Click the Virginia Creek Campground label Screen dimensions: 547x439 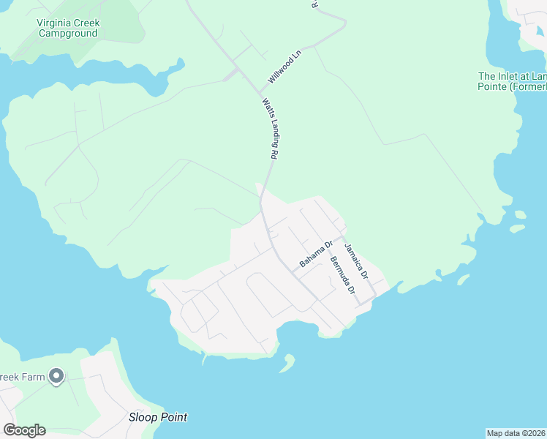[68, 28]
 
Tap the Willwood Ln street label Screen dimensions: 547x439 [284, 67]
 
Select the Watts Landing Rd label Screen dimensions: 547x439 [271, 130]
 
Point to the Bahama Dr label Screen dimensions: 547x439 [317, 253]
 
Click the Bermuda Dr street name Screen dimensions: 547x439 [342, 275]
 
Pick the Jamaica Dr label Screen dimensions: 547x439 [355, 260]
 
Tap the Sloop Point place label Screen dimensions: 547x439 [158, 417]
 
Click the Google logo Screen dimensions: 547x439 [24, 430]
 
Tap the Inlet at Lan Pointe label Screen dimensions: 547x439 [512, 81]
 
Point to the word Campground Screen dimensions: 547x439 [68, 33]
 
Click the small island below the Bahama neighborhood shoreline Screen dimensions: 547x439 [288, 363]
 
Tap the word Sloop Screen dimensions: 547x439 [143, 417]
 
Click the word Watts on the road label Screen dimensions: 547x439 [266, 107]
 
